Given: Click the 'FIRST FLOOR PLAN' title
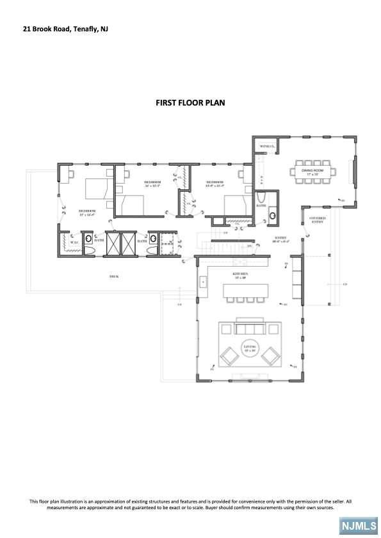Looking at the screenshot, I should click(190, 102).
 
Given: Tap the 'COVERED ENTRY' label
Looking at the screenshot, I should click(318, 220).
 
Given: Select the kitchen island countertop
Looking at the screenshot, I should click(247, 290).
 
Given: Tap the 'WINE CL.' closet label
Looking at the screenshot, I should click(266, 147).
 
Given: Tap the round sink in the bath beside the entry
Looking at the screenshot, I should click(272, 216).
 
